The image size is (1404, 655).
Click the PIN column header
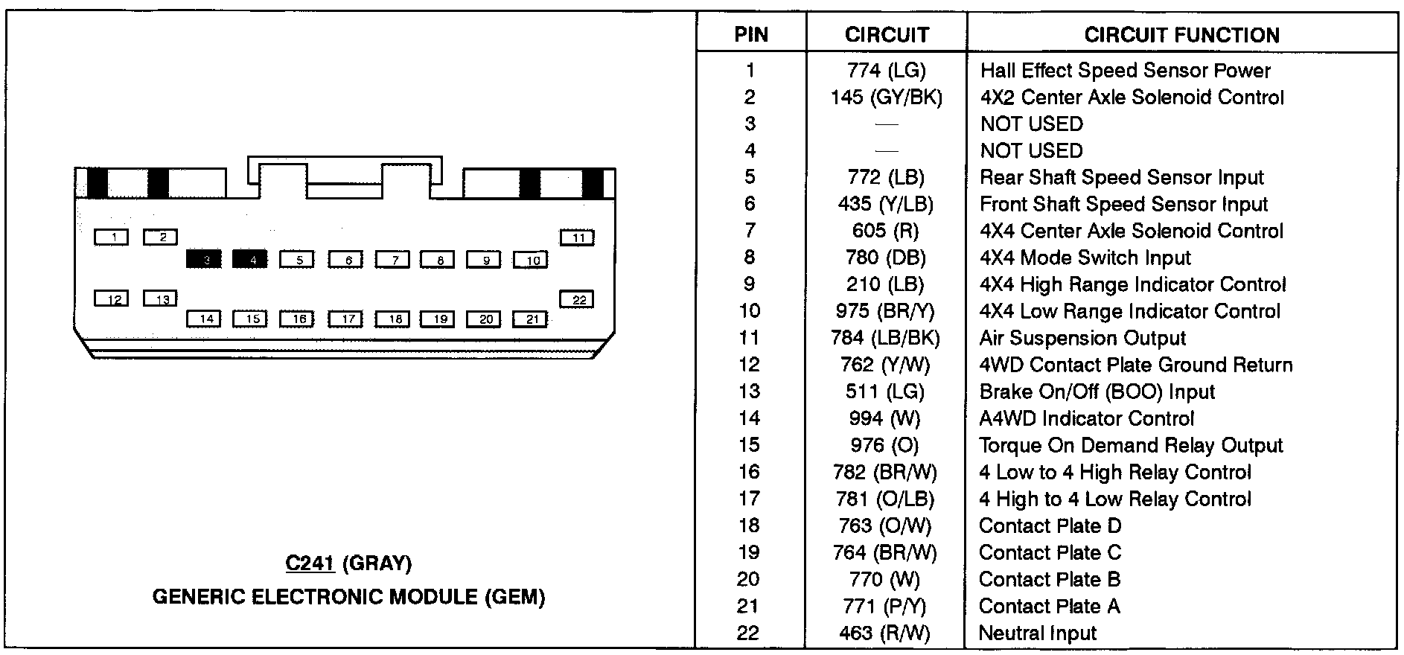click(x=750, y=35)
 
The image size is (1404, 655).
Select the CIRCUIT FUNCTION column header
click(x=1181, y=35)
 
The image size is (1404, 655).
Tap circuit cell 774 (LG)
click(x=886, y=71)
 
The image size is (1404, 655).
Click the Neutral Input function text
click(x=1037, y=633)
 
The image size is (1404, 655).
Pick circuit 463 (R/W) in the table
click(x=884, y=633)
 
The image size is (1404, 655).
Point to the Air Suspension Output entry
click(x=1082, y=339)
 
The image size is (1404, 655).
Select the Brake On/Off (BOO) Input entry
click(x=1097, y=392)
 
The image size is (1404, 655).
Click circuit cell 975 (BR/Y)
click(x=884, y=312)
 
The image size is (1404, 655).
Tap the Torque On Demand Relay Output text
click(x=1131, y=446)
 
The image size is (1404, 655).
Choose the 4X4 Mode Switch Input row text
click(x=1085, y=258)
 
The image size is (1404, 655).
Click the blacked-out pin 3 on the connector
click(x=204, y=259)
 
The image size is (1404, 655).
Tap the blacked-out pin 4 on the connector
click(x=250, y=259)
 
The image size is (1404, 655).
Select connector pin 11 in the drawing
click(x=577, y=237)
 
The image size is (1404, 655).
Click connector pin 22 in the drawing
click(x=577, y=299)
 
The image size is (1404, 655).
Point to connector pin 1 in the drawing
click(x=112, y=237)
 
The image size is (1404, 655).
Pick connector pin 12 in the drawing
click(x=112, y=298)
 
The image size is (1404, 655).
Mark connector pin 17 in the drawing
click(x=345, y=319)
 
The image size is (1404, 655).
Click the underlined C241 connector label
click(x=310, y=563)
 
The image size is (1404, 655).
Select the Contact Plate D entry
click(x=1050, y=526)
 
